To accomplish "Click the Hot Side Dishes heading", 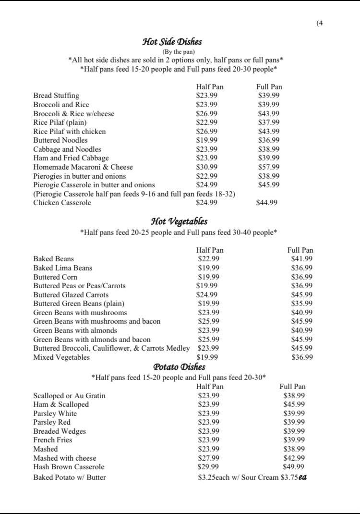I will [x=172, y=42].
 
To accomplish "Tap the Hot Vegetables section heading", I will [x=179, y=221].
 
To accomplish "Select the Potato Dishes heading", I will [x=179, y=367].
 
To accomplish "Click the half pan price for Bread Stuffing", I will [x=207, y=96].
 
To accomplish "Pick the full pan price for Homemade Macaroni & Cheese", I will [x=269, y=167].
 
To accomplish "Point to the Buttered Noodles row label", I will [x=60, y=140].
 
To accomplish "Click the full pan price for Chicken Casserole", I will [x=267, y=203].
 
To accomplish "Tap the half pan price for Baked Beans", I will [x=209, y=259].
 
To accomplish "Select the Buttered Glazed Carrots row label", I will [x=71, y=295].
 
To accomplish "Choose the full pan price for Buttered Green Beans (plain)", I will [x=302, y=304].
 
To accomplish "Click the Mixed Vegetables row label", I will [x=61, y=357].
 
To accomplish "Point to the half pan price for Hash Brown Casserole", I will [x=208, y=467].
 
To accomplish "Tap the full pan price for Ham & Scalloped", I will [x=294, y=404].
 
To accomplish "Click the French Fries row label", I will [x=53, y=440].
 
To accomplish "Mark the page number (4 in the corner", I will [x=320, y=23].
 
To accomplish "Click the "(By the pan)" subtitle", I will [x=179, y=52].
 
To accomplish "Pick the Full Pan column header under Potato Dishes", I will [x=292, y=387].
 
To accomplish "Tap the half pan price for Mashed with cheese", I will [x=208, y=458].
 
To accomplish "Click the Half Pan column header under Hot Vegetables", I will [x=210, y=250].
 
